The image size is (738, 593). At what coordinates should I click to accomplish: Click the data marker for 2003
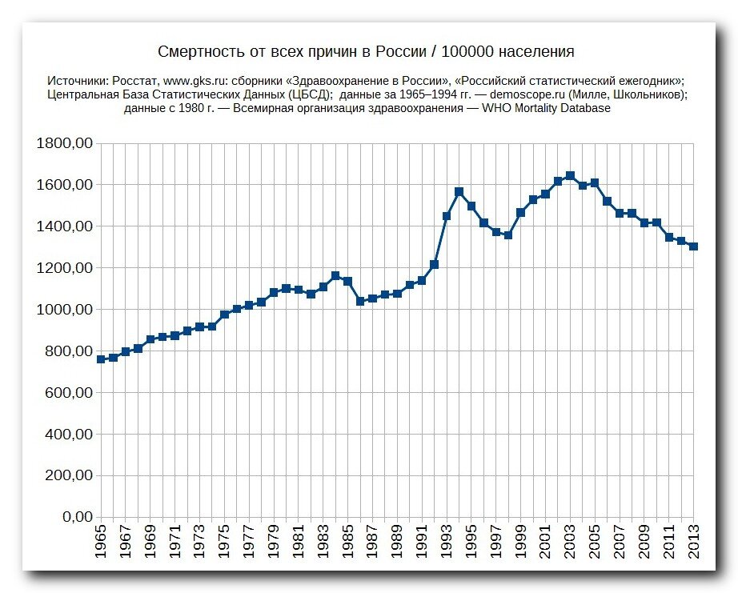pyautogui.click(x=570, y=176)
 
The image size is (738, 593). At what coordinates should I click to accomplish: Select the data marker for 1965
pyautogui.click(x=101, y=359)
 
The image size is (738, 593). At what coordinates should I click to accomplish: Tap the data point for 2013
pyautogui.click(x=693, y=246)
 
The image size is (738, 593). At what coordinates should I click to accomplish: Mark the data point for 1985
pyautogui.click(x=348, y=282)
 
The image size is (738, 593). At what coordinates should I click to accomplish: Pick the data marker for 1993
pyautogui.click(x=447, y=216)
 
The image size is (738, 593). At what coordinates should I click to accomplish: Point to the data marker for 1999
pyautogui.click(x=520, y=213)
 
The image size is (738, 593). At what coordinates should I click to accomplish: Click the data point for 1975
pyautogui.click(x=224, y=315)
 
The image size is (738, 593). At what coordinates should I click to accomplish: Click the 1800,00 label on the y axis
pyautogui.click(x=65, y=143)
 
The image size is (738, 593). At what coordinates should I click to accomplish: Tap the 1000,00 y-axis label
pyautogui.click(x=65, y=309)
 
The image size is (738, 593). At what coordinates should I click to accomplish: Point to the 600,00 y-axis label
pyautogui.click(x=69, y=392)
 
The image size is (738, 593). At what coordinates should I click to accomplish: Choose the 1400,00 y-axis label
pyautogui.click(x=65, y=226)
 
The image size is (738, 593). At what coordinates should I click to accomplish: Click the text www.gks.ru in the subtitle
pyautogui.click(x=192, y=81)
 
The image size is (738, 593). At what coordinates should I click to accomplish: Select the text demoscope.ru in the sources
pyautogui.click(x=527, y=94)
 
